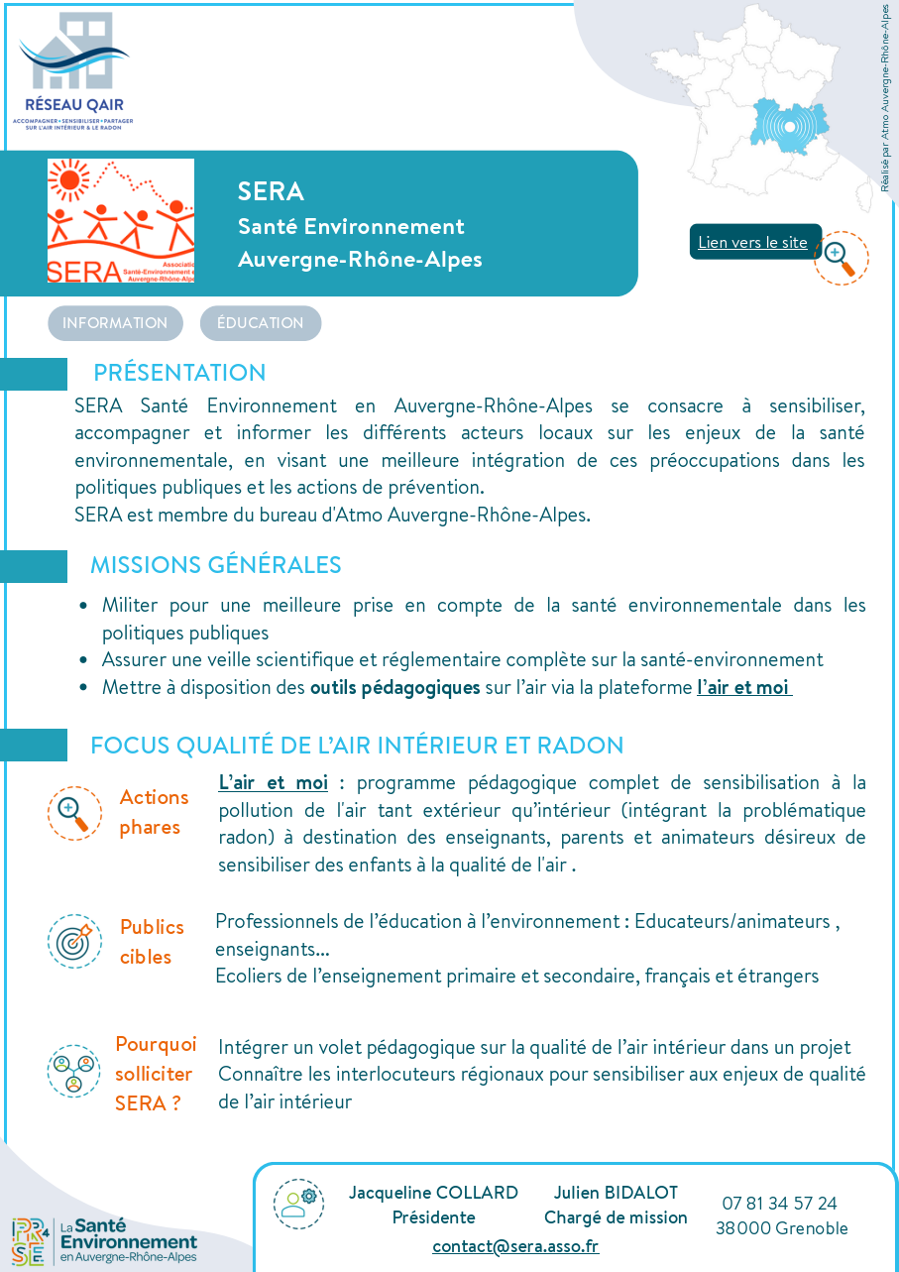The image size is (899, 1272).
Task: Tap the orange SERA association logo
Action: click(x=121, y=221)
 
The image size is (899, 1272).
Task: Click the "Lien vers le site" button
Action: click(x=753, y=242)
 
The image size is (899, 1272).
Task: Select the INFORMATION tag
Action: click(x=115, y=323)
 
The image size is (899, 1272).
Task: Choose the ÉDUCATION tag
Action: click(x=261, y=323)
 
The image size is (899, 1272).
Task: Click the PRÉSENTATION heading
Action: click(x=179, y=373)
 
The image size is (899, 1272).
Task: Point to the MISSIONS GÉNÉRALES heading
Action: click(x=215, y=565)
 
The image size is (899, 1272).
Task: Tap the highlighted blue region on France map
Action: click(x=789, y=126)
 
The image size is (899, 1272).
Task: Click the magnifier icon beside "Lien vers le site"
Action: click(x=841, y=258)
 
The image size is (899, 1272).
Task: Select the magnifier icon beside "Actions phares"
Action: click(x=74, y=813)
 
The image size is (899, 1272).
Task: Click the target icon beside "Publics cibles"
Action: click(x=74, y=942)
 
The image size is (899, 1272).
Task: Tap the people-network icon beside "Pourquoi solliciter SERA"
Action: click(x=74, y=1072)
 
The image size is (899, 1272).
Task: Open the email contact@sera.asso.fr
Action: click(x=515, y=1246)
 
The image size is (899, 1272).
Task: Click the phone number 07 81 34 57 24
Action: click(x=779, y=1204)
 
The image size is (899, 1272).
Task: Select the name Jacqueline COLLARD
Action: click(x=433, y=1193)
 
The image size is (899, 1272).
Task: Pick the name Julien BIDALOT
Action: click(x=616, y=1193)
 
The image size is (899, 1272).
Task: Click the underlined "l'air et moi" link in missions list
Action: click(x=743, y=687)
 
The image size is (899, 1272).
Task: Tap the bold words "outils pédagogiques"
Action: click(x=394, y=687)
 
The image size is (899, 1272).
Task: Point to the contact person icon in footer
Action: click(x=298, y=1204)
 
